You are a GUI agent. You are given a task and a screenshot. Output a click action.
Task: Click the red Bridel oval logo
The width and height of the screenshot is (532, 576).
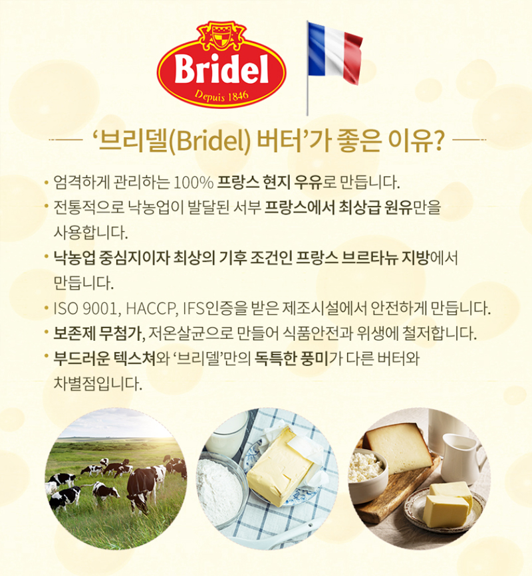pyautogui.click(x=221, y=70)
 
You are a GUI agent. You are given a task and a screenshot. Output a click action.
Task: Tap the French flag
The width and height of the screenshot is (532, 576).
pyautogui.click(x=335, y=51)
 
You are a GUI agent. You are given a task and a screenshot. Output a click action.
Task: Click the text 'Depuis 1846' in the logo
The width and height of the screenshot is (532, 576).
pyautogui.click(x=221, y=96)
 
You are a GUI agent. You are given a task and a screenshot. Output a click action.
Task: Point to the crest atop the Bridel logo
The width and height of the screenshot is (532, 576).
pyautogui.click(x=221, y=36)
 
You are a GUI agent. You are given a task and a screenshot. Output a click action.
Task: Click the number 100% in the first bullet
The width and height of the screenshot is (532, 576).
pyautogui.click(x=193, y=182)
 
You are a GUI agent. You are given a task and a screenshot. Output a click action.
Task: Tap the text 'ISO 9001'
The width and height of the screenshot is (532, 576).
pyautogui.click(x=86, y=308)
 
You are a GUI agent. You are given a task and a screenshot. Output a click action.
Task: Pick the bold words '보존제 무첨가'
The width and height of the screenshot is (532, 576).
pyautogui.click(x=98, y=334)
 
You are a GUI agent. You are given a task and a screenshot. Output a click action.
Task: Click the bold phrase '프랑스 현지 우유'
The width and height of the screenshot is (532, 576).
pyautogui.click(x=269, y=182)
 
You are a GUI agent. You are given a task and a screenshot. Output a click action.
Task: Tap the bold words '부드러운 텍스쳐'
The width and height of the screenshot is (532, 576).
pyautogui.click(x=105, y=359)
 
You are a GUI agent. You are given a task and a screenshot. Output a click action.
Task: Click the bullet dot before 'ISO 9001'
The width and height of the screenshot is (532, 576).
pyautogui.click(x=46, y=308)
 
